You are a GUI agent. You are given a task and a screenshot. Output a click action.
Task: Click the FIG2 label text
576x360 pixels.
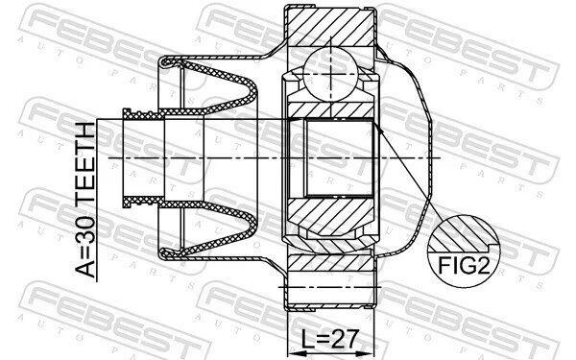click(x=464, y=265)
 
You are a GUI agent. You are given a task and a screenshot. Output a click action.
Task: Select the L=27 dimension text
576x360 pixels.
click(x=329, y=339)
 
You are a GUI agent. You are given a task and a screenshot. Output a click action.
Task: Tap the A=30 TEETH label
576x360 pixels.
click(x=85, y=200)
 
